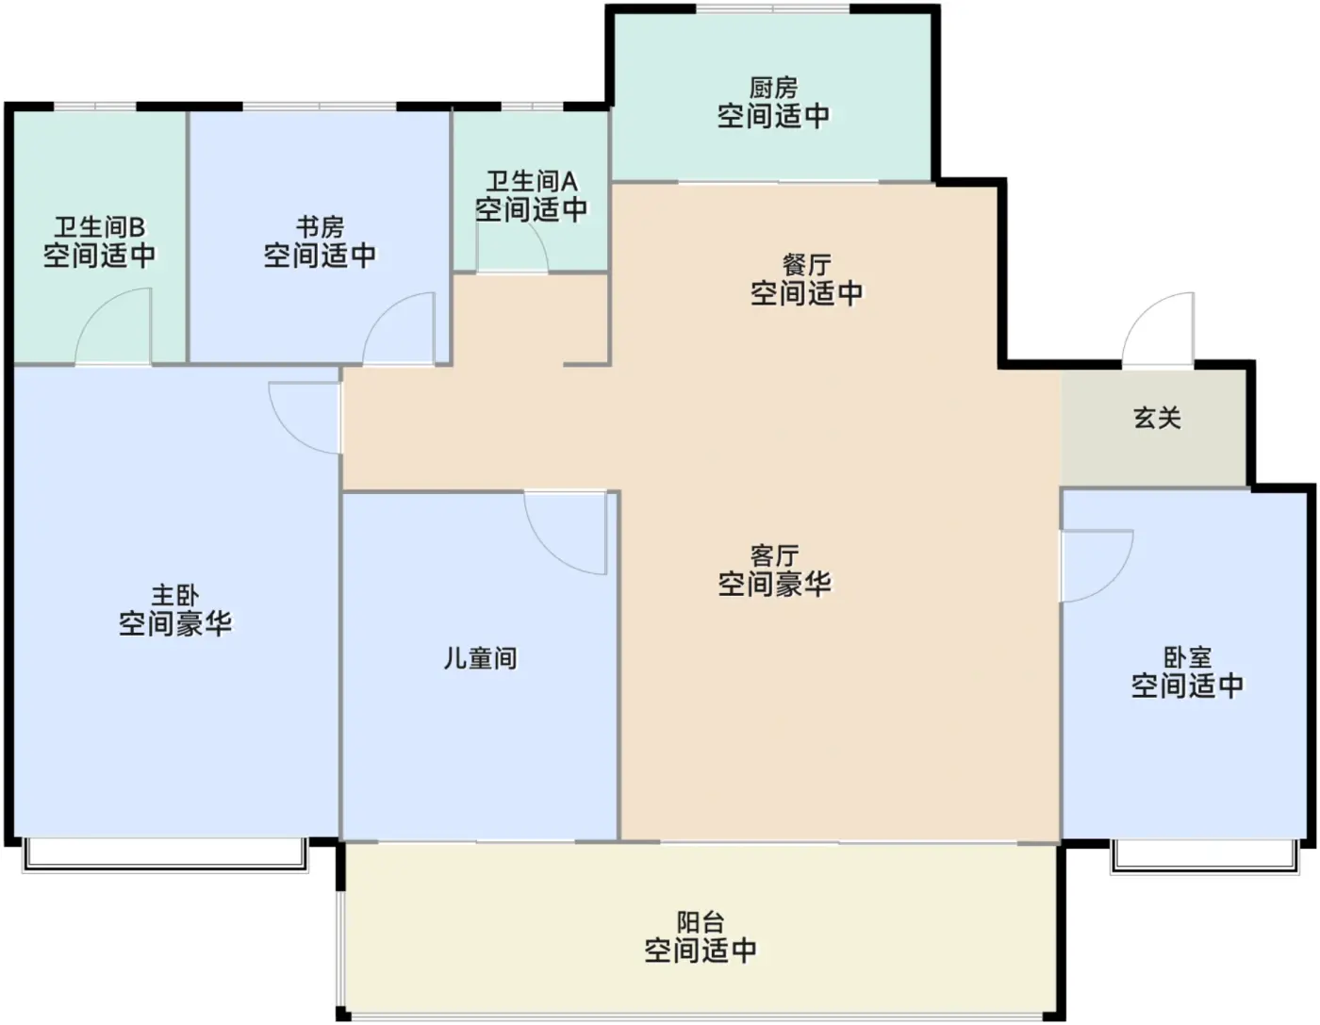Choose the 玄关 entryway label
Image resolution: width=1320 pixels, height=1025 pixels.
pos(1157,417)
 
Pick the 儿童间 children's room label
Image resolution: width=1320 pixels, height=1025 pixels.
pos(480,657)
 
